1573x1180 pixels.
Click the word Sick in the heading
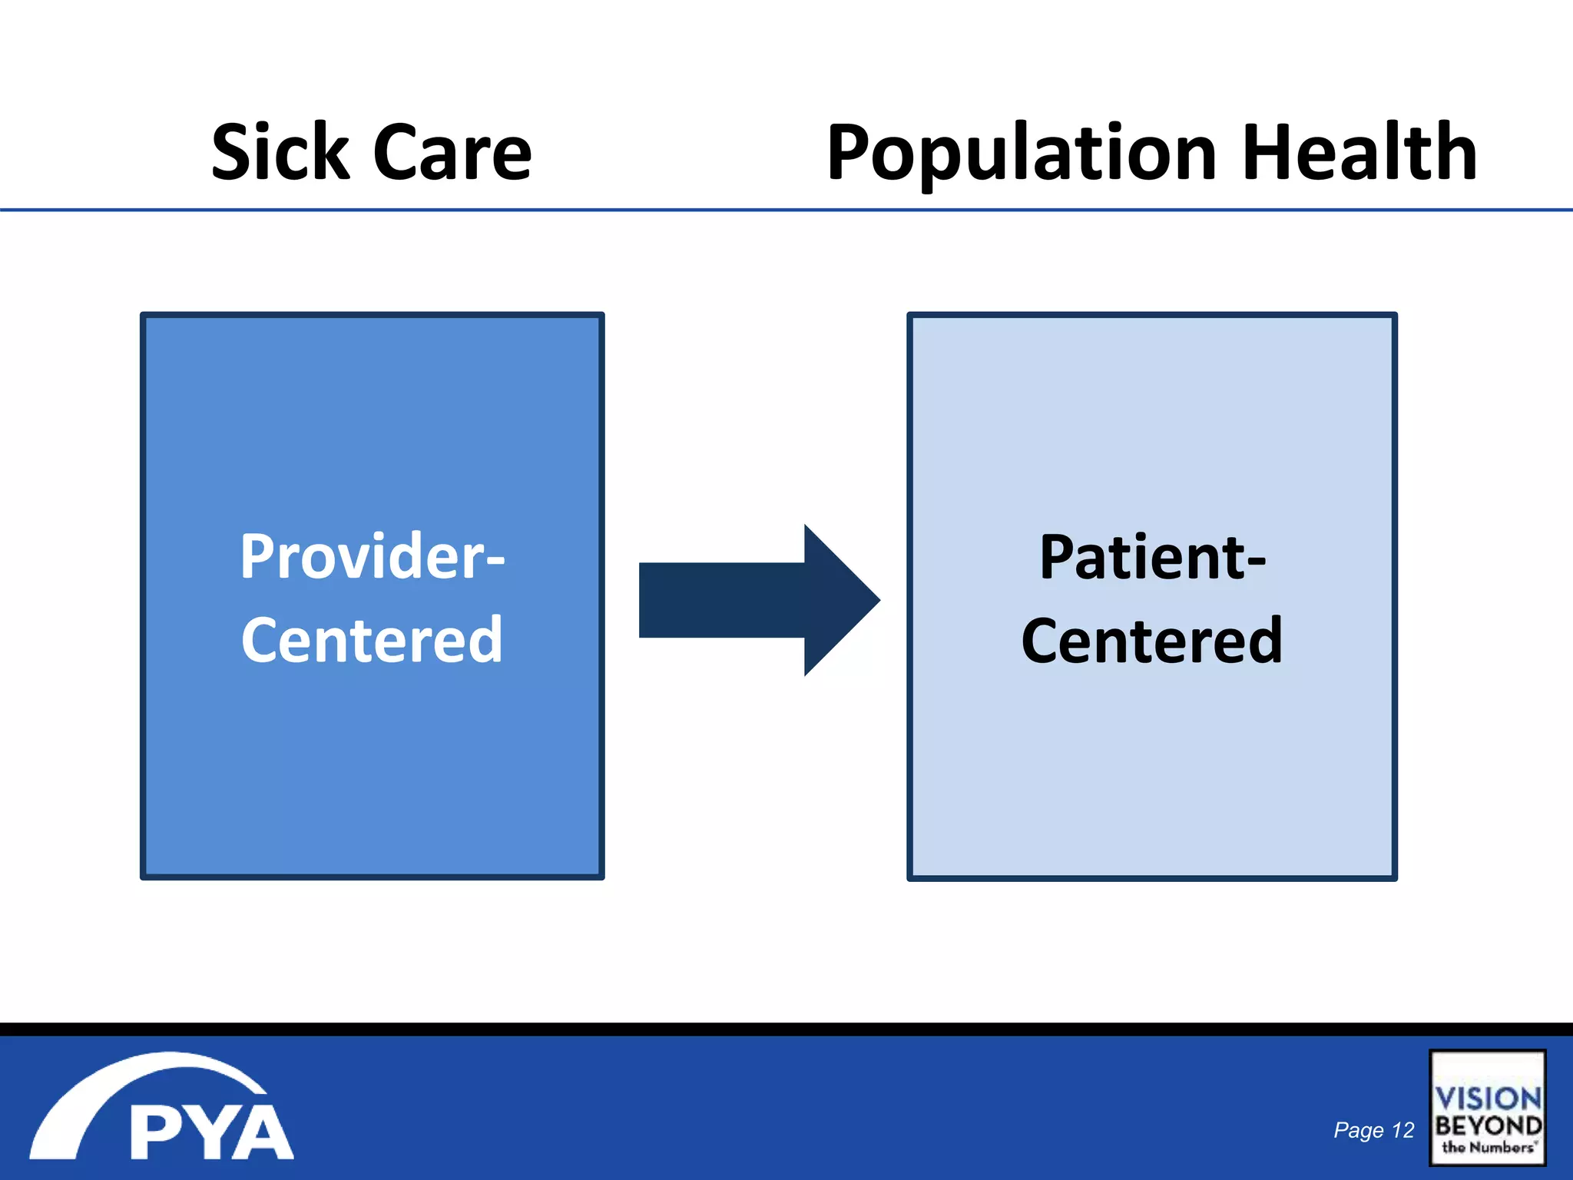[280, 153]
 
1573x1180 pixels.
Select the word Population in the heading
[1022, 153]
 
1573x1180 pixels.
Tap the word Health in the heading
[1359, 153]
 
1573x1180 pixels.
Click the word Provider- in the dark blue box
[373, 556]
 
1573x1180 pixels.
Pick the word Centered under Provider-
[373, 639]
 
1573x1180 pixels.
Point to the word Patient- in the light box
[1152, 557]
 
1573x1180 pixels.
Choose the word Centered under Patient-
[1152, 640]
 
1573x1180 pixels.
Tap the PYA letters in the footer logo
[211, 1132]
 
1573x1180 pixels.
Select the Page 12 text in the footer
[1373, 1130]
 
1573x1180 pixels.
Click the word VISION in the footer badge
[1488, 1098]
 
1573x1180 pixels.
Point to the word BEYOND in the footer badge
[1488, 1125]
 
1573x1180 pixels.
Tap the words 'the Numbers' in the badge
[1488, 1147]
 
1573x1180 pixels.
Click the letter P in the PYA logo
[157, 1132]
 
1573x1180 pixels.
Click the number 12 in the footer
[1402, 1130]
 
